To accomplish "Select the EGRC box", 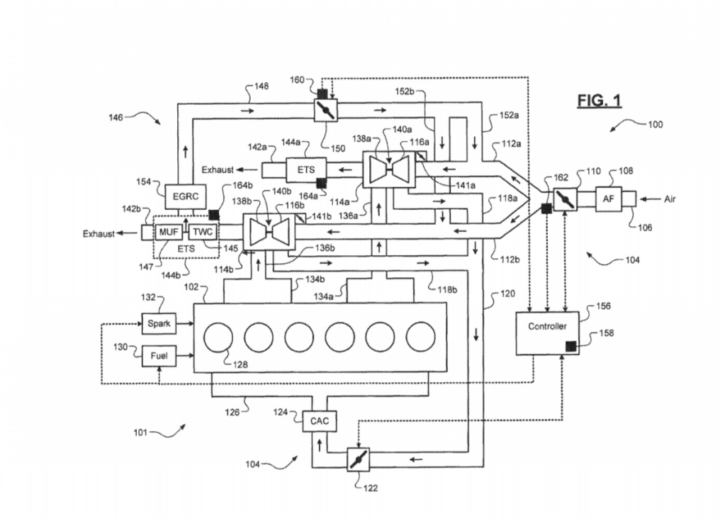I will pos(178,196).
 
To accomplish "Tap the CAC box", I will pos(319,421).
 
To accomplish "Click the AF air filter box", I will pos(608,199).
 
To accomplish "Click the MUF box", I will pos(169,232).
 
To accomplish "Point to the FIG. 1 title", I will pos(598,101).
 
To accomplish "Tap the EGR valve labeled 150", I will pos(326,111).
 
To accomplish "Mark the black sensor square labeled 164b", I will pos(214,215).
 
